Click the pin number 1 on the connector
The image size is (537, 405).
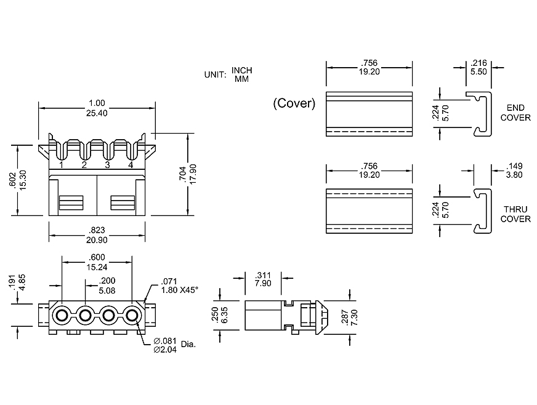click(x=62, y=165)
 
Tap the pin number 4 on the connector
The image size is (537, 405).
click(x=131, y=165)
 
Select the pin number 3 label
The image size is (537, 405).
click(x=107, y=165)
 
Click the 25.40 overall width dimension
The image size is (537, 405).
click(x=97, y=113)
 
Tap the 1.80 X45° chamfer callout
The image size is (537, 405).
click(x=179, y=289)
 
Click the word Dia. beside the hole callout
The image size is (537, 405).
click(x=188, y=344)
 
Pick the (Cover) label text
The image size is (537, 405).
click(x=294, y=103)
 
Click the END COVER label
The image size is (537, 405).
click(x=515, y=113)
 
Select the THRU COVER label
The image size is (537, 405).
click(x=515, y=214)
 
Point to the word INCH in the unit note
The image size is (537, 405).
click(x=242, y=70)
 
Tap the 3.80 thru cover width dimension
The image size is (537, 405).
click(x=515, y=174)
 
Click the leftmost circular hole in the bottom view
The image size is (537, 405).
click(x=62, y=316)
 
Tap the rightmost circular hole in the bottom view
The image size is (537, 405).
click(x=132, y=316)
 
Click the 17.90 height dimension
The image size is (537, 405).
click(x=193, y=177)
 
